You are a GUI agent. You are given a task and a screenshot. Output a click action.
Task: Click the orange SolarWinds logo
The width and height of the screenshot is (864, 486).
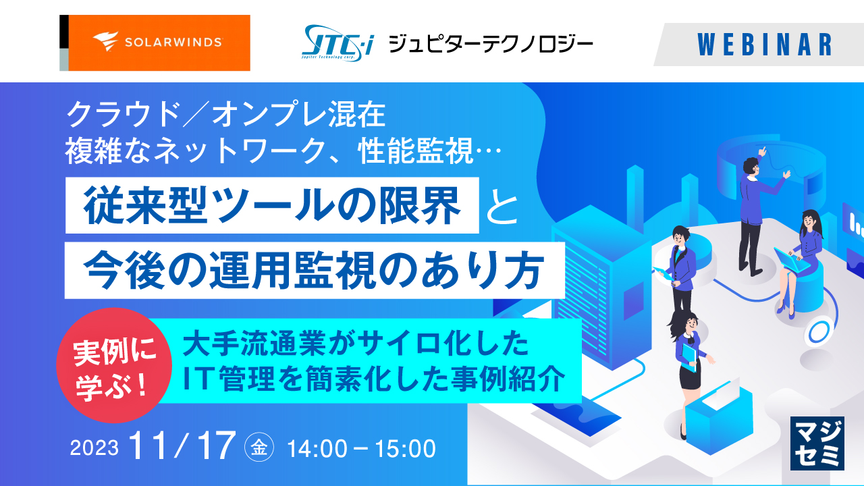point(155,43)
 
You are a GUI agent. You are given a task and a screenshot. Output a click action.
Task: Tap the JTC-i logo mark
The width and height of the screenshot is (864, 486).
point(340,43)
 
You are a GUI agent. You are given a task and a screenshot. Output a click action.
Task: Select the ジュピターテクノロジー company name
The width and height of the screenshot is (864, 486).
point(491,45)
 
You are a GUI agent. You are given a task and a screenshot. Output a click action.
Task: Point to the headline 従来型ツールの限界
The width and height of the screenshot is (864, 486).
point(273,205)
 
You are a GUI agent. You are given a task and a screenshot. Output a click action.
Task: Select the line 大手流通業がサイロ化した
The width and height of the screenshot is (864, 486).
point(354,344)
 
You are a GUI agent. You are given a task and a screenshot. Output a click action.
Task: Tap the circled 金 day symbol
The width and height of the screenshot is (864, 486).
point(261,448)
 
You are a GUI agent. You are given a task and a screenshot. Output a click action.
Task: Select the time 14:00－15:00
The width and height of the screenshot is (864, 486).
point(361,448)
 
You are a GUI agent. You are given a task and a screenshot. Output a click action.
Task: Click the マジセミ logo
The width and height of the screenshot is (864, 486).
point(817,443)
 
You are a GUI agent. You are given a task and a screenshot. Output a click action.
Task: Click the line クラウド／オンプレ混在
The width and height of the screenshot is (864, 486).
point(225,115)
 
